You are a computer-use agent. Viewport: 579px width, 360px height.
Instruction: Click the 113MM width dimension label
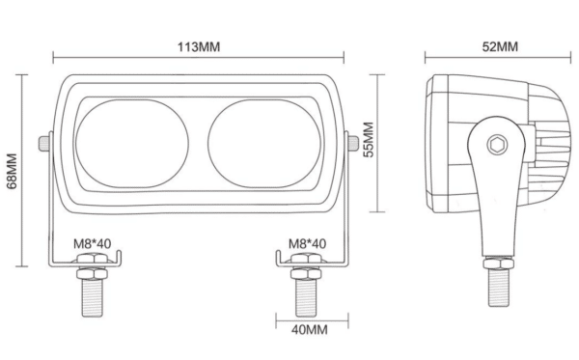199,47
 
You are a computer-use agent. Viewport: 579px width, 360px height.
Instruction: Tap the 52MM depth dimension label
500,46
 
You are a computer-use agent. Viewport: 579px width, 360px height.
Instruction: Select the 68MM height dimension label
12,171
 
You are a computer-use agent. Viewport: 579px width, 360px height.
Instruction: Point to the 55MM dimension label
369,140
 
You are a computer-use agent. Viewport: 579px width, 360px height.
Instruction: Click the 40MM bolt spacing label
310,329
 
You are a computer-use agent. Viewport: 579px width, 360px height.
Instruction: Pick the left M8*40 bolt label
93,243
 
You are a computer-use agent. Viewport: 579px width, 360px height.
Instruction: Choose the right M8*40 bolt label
307,243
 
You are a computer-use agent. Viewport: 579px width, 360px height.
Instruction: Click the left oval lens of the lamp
132,144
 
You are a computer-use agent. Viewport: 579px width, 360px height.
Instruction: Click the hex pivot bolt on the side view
497,145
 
